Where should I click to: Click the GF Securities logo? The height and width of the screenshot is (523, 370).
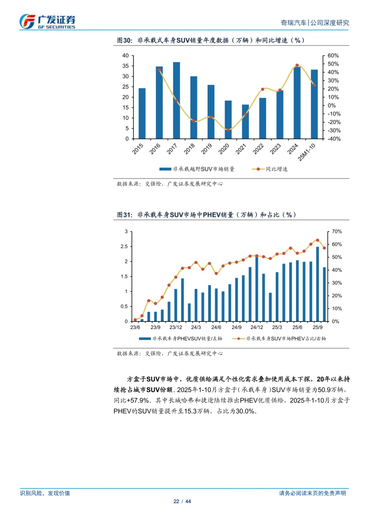pos(47,22)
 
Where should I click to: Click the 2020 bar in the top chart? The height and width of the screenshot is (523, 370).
pos(228,120)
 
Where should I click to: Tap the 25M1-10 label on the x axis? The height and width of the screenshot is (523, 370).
pos(307,152)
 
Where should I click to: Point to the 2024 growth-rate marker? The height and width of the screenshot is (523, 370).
pos(297,65)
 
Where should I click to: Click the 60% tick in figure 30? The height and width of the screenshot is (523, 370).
pos(333,55)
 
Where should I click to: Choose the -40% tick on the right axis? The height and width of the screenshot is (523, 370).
pos(334,139)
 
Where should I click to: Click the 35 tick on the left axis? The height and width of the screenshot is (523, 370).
pos(126,66)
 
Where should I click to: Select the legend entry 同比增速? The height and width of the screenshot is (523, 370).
pos(276,169)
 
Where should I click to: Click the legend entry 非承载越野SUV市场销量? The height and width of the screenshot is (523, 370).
pos(203,169)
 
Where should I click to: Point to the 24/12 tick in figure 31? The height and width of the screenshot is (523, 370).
pos(257,327)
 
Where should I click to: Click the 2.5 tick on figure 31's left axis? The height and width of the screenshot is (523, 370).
pos(124,247)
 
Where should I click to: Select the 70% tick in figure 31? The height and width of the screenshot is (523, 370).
pos(337,232)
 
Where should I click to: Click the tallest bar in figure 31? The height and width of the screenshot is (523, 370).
pos(318,284)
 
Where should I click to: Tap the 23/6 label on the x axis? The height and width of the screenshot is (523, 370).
pos(135,327)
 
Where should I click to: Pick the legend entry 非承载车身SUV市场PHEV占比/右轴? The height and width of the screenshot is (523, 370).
pos(286,339)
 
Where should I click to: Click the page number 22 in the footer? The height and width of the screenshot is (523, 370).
pos(176,501)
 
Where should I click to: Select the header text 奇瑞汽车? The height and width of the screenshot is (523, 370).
pos(294,23)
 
